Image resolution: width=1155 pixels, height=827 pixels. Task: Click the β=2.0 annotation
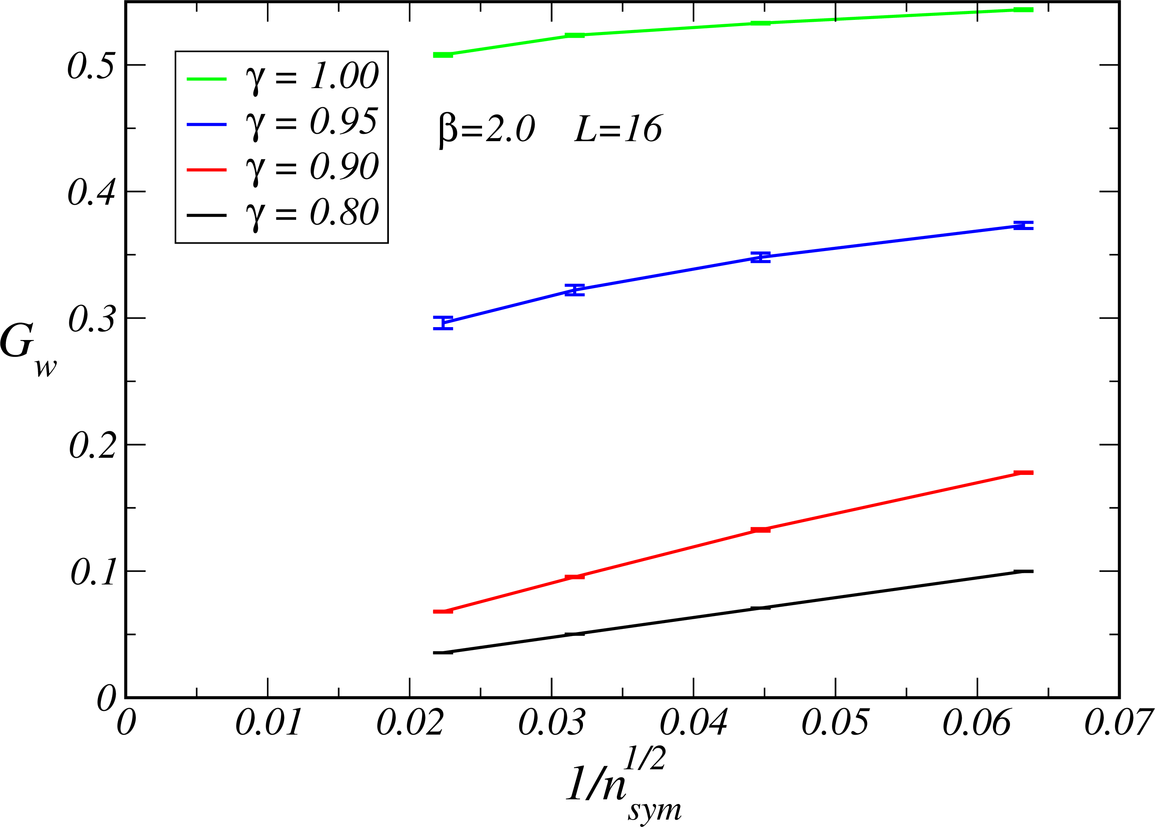pos(486,129)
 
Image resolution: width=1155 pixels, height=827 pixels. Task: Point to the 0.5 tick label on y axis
pos(92,66)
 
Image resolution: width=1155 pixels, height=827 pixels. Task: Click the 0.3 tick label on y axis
pos(92,319)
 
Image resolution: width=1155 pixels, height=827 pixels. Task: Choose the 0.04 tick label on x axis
pos(694,722)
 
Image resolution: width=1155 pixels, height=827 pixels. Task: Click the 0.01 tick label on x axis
pos(268,722)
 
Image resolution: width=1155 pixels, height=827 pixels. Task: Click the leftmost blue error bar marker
pos(443,323)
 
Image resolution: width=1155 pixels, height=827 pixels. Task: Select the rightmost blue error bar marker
pos(1023,226)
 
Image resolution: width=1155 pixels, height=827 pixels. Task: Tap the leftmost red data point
pos(443,611)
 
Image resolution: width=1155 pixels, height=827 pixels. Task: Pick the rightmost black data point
pos(1023,571)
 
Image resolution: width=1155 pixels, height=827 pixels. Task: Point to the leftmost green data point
pos(443,55)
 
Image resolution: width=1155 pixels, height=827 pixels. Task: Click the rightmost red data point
pos(1023,473)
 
